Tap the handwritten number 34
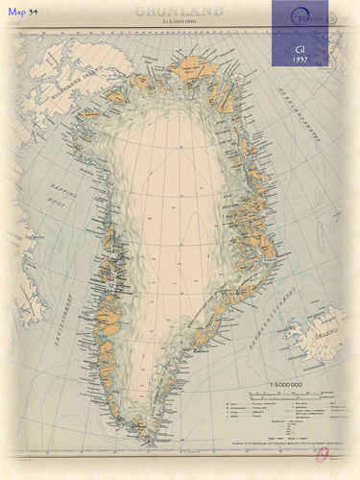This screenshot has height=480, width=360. pyautogui.click(x=33, y=11)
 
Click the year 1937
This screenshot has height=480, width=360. pyautogui.click(x=300, y=59)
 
